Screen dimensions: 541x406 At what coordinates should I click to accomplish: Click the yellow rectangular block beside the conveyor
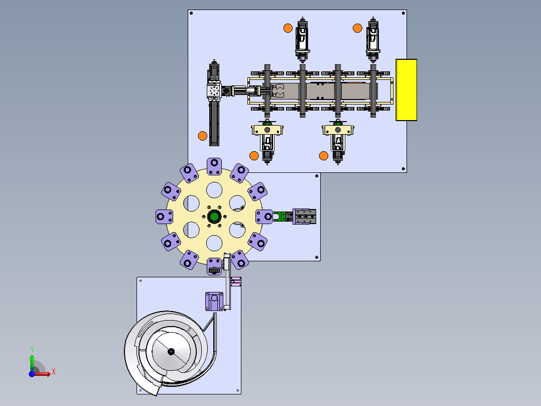pos(407,90)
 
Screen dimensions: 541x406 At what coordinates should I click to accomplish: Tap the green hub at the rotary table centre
pos(214,217)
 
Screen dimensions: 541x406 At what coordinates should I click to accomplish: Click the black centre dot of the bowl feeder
pos(171,352)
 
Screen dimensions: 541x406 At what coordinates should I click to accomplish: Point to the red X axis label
pos(54,372)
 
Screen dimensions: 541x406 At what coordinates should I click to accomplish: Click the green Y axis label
pos(32,350)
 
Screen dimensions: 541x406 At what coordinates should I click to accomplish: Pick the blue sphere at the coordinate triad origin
pos(32,374)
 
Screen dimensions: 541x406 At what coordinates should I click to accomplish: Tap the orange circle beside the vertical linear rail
pos(203,136)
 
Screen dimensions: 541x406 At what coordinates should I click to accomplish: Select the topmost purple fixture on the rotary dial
pos(214,166)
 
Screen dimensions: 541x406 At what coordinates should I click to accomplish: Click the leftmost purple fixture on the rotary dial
pos(164,217)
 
